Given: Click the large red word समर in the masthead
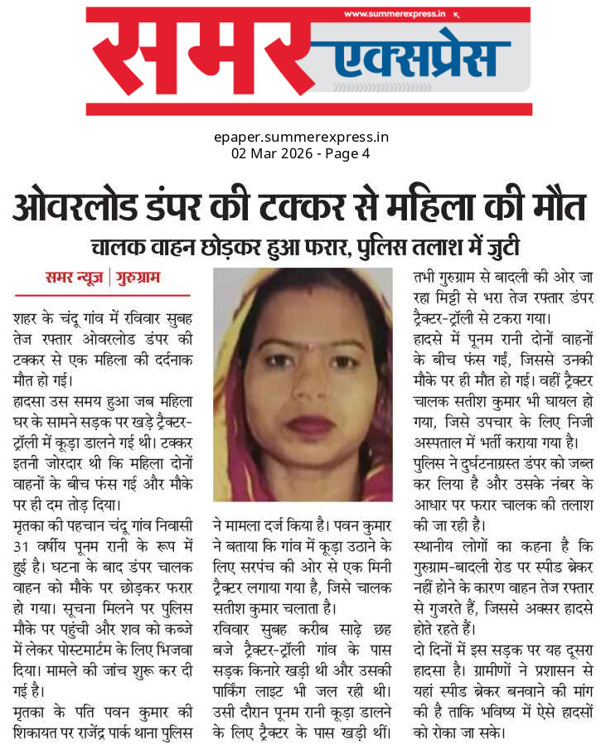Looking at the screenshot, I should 207,60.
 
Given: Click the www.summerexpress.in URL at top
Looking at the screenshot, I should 395,14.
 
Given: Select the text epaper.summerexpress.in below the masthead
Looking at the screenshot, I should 300,137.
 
